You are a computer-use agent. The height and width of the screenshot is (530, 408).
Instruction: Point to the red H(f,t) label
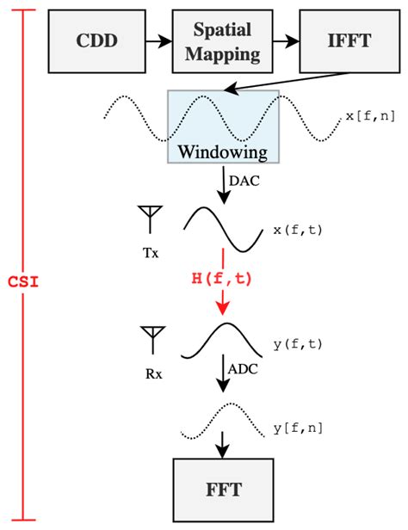pyautogui.click(x=223, y=277)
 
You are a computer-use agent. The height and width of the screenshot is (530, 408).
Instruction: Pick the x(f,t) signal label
pyautogui.click(x=298, y=230)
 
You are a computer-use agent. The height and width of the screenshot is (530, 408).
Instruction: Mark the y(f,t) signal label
pyautogui.click(x=298, y=344)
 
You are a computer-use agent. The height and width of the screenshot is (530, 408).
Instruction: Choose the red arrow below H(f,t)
pyautogui.click(x=223, y=301)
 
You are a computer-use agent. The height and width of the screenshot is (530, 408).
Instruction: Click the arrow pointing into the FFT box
pyautogui.click(x=223, y=445)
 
